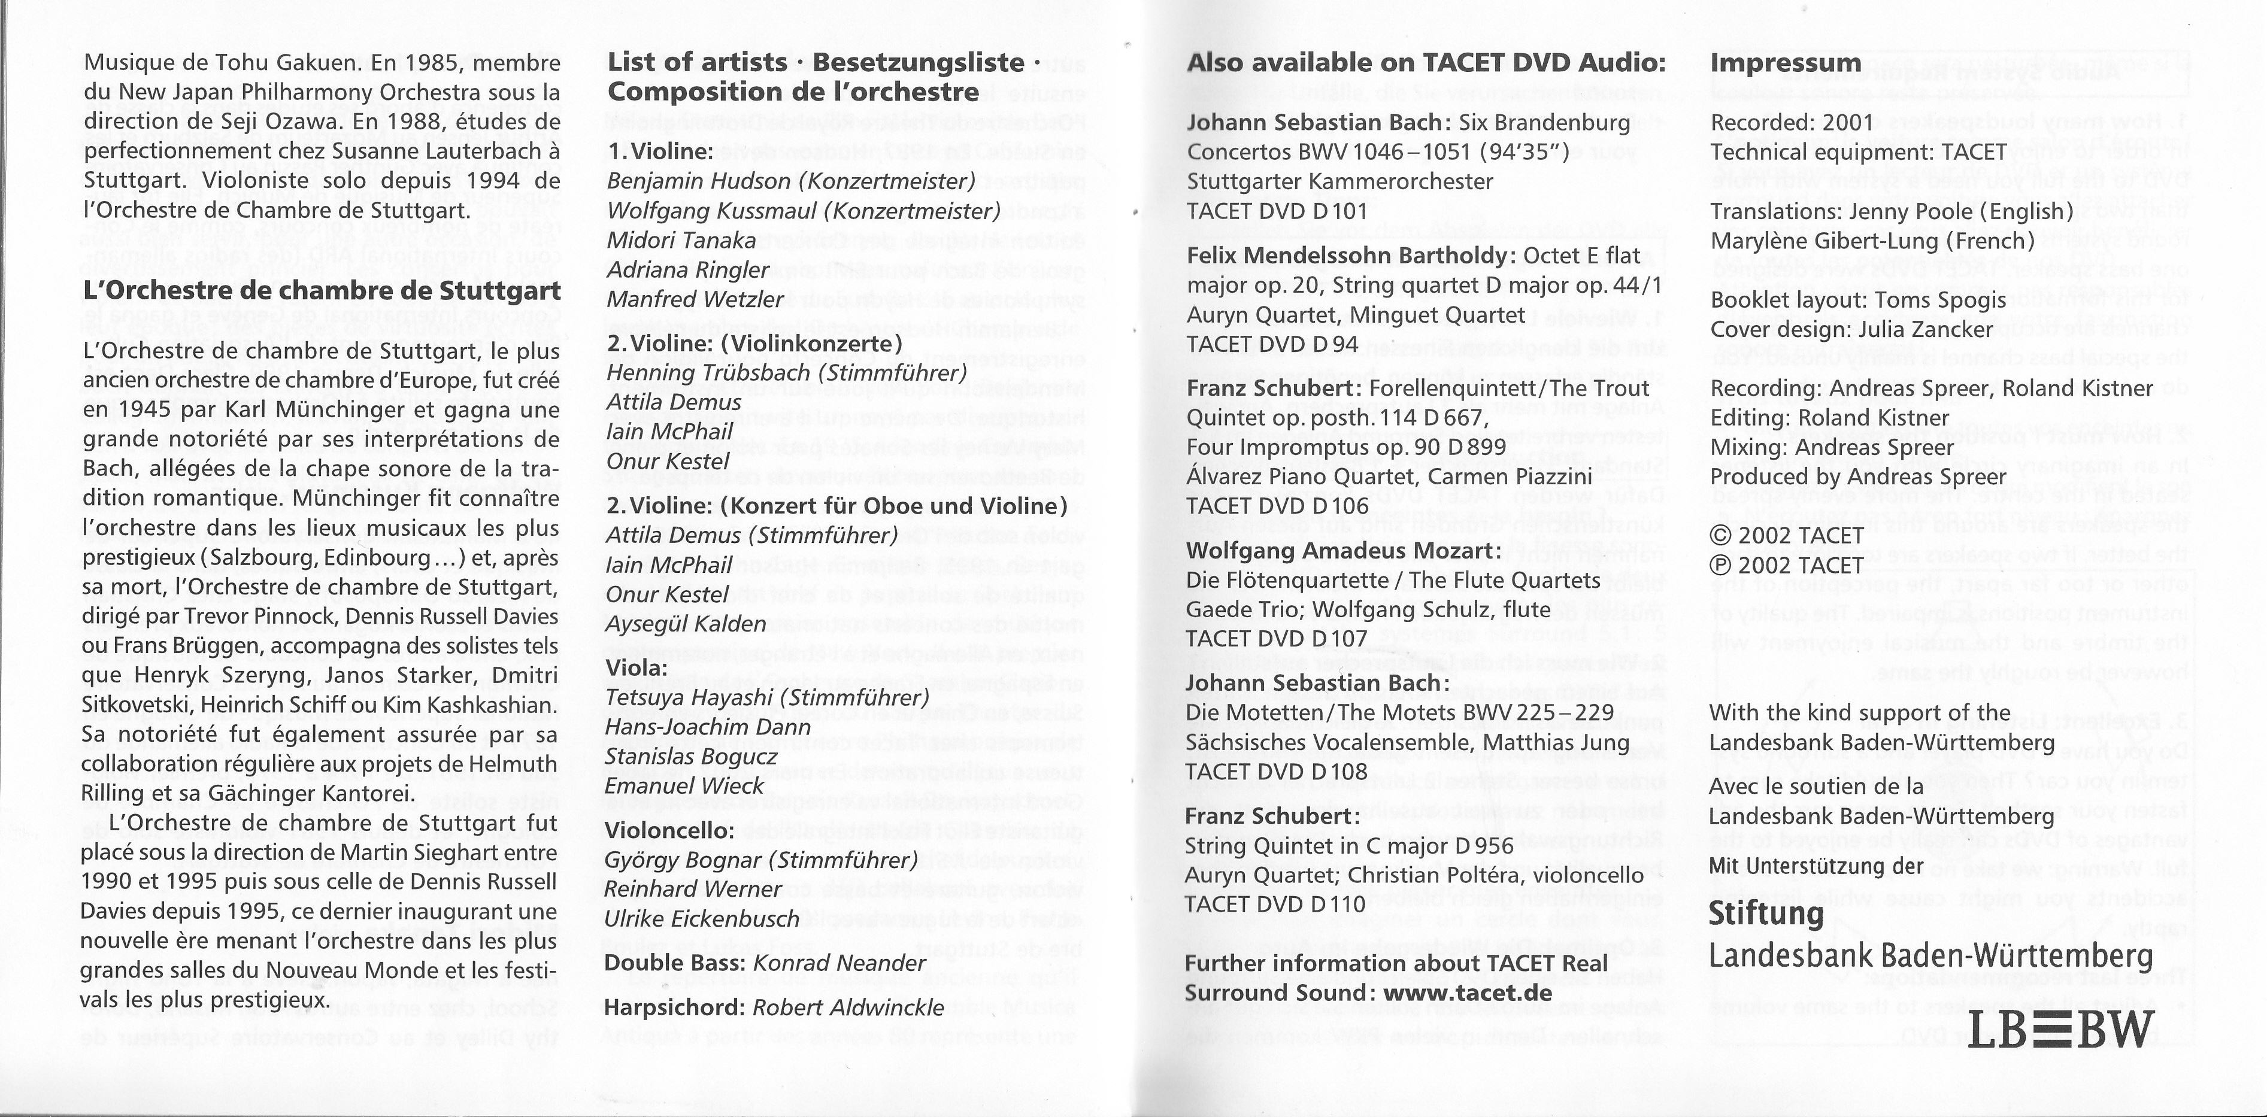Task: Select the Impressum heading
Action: click(1785, 63)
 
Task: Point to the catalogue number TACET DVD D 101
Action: click(1277, 211)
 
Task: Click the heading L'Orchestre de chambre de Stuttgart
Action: click(322, 290)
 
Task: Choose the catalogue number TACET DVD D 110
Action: click(1276, 904)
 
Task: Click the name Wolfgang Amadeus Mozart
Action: click(1343, 551)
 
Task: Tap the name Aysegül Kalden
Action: click(686, 624)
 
